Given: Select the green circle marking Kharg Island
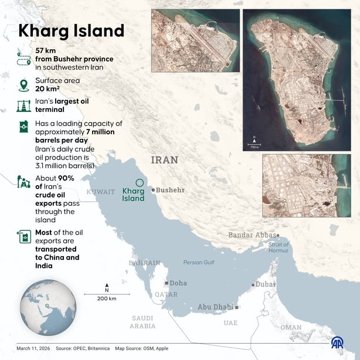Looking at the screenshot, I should click(x=139, y=183).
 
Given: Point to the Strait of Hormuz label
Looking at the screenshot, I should click(x=279, y=247).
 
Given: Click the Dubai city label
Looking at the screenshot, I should click(x=266, y=284).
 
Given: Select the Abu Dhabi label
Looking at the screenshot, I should click(x=215, y=307).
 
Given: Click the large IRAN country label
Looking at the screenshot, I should click(x=164, y=159).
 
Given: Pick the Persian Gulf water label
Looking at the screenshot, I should click(x=200, y=262).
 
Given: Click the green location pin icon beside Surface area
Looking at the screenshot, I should click(x=24, y=85).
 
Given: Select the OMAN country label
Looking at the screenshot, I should click(x=291, y=328).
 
